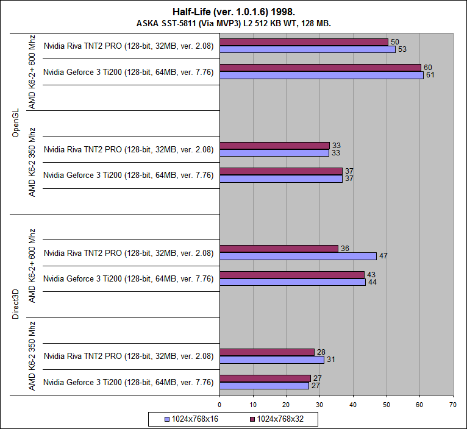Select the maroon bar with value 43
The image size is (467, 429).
coord(292,275)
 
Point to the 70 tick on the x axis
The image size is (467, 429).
coord(452,403)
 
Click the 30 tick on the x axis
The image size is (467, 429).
coord(319,403)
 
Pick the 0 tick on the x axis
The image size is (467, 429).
coord(219,403)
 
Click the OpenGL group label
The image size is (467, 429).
coord(16,124)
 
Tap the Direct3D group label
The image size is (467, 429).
coord(16,305)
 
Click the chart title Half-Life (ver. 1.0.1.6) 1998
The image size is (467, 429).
coord(233,12)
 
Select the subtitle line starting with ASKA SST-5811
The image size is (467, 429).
coord(233,23)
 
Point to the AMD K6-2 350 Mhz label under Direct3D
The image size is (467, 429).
coord(32,356)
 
